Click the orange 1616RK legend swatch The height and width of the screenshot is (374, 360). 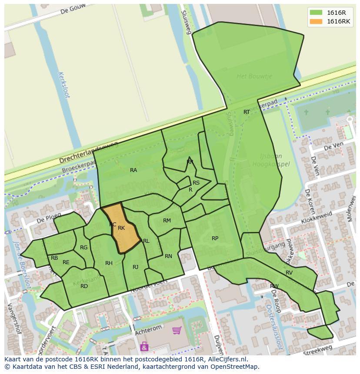point(316,21)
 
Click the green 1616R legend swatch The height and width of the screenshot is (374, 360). point(316,13)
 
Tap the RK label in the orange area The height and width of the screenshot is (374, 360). point(121,228)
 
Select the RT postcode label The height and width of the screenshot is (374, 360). point(247,112)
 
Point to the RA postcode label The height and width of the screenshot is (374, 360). point(133,170)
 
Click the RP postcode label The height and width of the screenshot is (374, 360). point(215,238)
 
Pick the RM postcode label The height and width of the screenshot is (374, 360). point(167,221)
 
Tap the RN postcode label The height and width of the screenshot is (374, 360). point(168,256)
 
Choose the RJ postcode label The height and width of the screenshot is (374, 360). point(136,267)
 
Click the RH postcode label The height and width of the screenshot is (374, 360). point(109,263)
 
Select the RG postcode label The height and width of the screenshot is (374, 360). point(84,248)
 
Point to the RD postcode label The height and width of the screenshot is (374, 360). point(84,286)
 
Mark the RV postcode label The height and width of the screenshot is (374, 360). point(289,273)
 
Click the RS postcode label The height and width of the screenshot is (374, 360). point(196,183)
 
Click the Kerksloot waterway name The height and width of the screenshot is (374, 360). point(63,85)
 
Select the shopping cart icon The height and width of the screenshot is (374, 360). point(177,331)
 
